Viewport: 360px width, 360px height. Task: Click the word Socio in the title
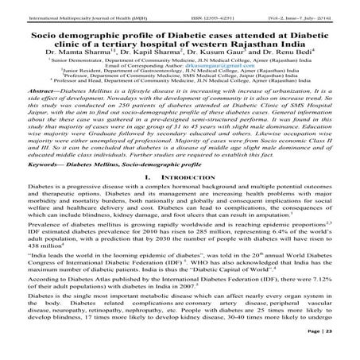41,24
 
